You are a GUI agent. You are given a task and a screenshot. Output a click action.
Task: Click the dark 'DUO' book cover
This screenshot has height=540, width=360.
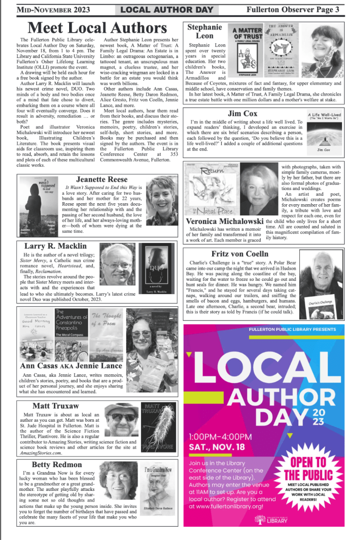[x=157, y=269]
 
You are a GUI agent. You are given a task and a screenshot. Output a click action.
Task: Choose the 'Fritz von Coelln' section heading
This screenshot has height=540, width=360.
[x=247, y=254]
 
